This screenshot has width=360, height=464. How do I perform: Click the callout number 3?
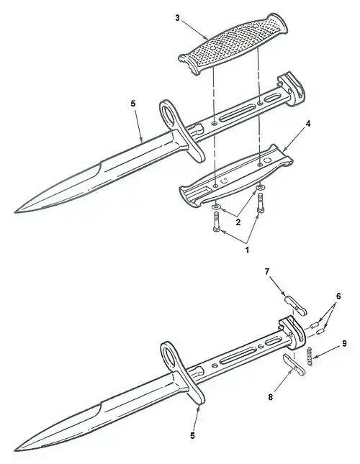[177, 18]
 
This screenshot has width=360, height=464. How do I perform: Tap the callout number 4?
[308, 124]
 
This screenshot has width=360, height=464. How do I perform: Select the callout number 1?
[247, 250]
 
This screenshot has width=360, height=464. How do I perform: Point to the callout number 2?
[238, 222]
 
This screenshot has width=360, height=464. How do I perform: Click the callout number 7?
[267, 271]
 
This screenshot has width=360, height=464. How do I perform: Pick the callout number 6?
[338, 296]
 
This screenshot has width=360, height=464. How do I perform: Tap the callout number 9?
[344, 343]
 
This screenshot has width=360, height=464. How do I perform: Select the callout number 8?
[270, 397]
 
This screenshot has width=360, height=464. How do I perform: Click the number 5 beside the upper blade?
[133, 104]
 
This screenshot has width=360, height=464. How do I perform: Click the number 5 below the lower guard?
[192, 436]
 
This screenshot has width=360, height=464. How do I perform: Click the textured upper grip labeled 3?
[233, 44]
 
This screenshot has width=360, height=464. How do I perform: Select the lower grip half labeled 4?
[236, 176]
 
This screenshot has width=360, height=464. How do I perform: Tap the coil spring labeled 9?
[310, 356]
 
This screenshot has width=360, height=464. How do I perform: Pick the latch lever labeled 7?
[295, 305]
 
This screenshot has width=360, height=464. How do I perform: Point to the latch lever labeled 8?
[293, 365]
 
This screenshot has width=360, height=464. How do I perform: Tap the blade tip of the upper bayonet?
[15, 212]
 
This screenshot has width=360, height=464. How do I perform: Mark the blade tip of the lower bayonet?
[15, 450]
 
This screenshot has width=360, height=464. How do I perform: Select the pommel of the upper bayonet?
[291, 89]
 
